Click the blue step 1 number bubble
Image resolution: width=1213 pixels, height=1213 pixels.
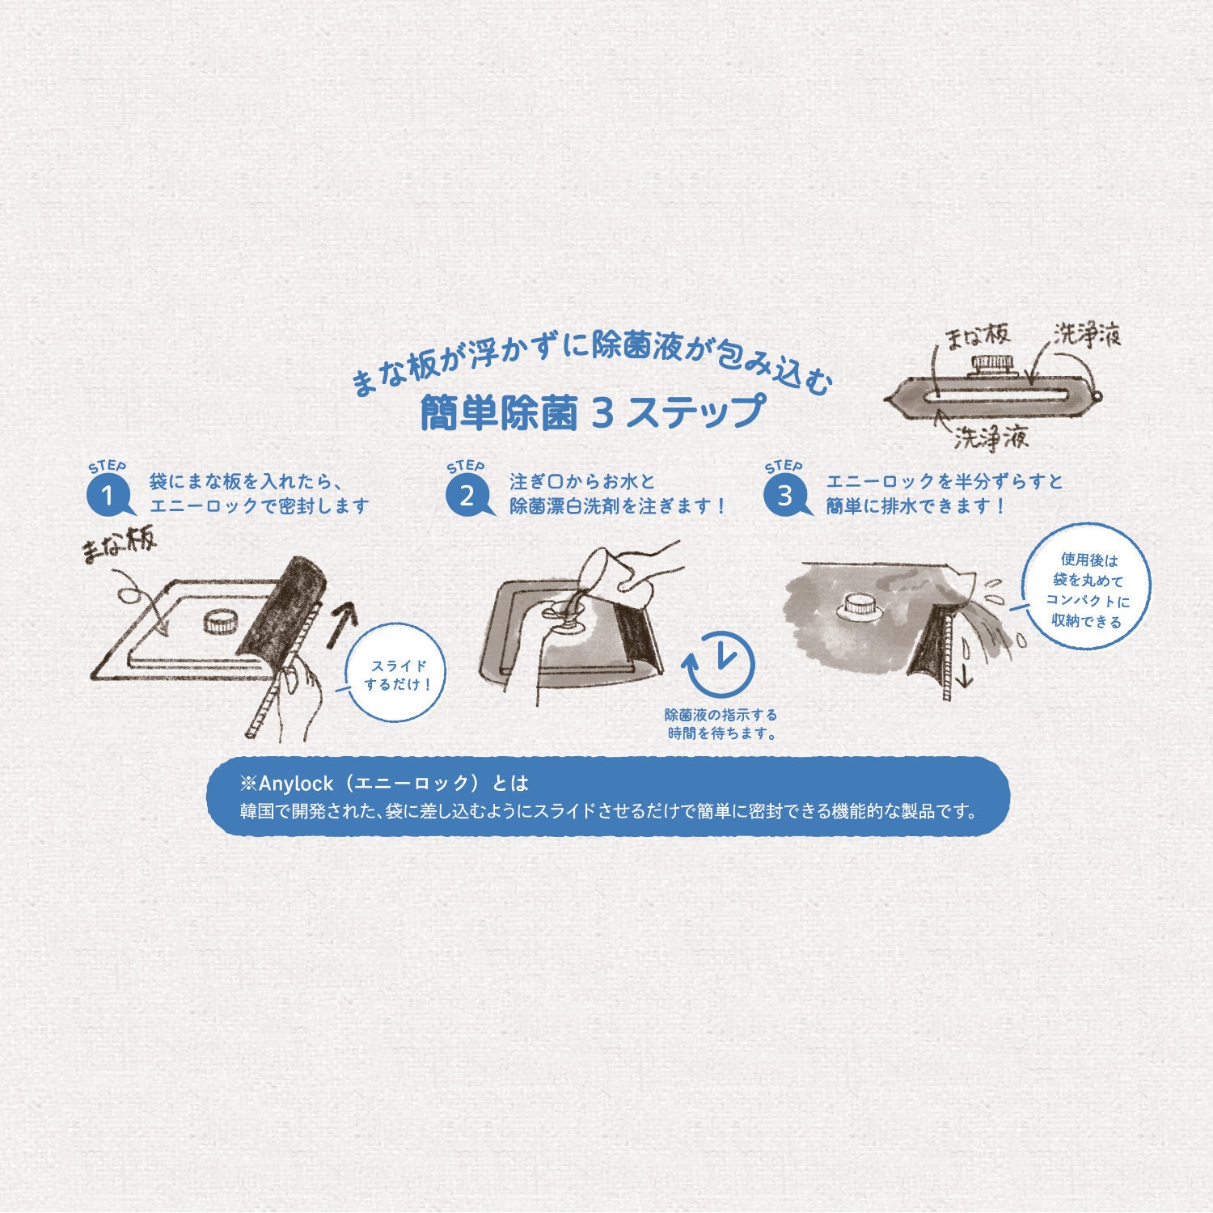coord(108,495)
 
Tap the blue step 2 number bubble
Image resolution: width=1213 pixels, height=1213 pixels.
coord(467,495)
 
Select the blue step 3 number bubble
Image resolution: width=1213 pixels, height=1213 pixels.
coord(784,495)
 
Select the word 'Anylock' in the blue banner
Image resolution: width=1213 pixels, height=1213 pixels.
coord(290,783)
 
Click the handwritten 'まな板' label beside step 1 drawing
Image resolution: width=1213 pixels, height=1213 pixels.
coord(119,549)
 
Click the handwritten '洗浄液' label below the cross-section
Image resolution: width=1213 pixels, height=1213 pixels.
coord(990,438)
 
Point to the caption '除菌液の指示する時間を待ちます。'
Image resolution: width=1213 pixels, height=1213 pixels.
coord(721,725)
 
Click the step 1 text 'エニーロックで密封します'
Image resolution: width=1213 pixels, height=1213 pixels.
coord(259,506)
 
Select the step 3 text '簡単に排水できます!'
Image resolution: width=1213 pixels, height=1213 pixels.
coord(915,506)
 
